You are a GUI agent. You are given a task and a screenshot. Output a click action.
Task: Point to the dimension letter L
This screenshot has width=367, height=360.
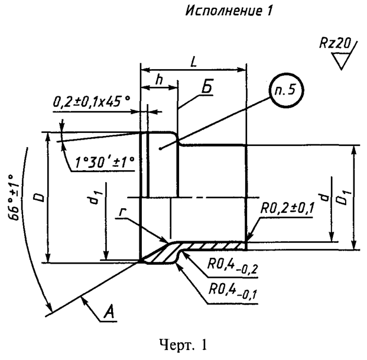[x=194, y=61]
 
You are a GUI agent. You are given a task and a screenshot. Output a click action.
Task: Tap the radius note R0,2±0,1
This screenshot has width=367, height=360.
[x=285, y=208]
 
